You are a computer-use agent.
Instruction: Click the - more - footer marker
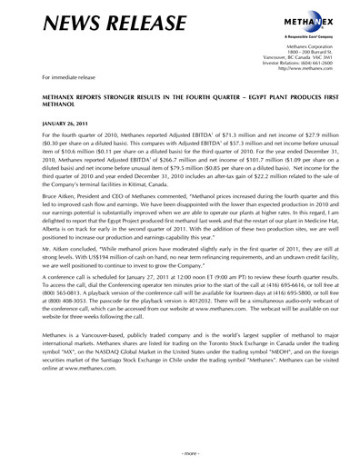point(180,452)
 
